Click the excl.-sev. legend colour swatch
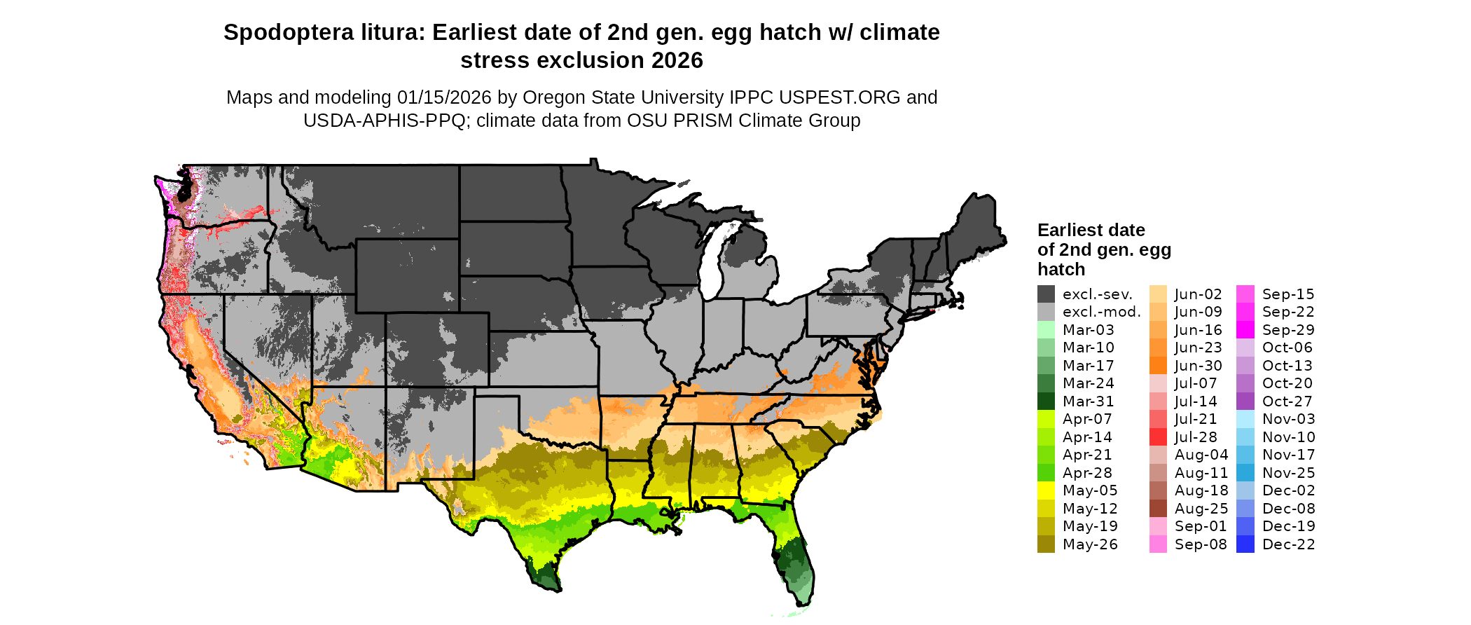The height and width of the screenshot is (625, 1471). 1046,294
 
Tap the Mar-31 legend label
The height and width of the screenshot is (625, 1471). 1088,401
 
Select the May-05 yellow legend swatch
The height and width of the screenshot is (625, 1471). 1046,490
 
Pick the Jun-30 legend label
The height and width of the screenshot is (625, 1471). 1198,366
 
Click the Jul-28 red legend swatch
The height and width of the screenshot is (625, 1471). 1158,437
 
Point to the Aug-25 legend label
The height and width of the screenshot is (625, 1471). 1201,509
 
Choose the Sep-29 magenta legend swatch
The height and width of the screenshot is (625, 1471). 1245,330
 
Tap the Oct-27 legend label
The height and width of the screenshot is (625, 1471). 1287,401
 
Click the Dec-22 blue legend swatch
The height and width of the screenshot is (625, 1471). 1245,544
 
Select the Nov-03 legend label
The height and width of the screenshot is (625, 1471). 1288,419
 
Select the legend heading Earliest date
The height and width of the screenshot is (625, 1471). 1091,231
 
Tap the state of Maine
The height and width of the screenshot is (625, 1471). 979,224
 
